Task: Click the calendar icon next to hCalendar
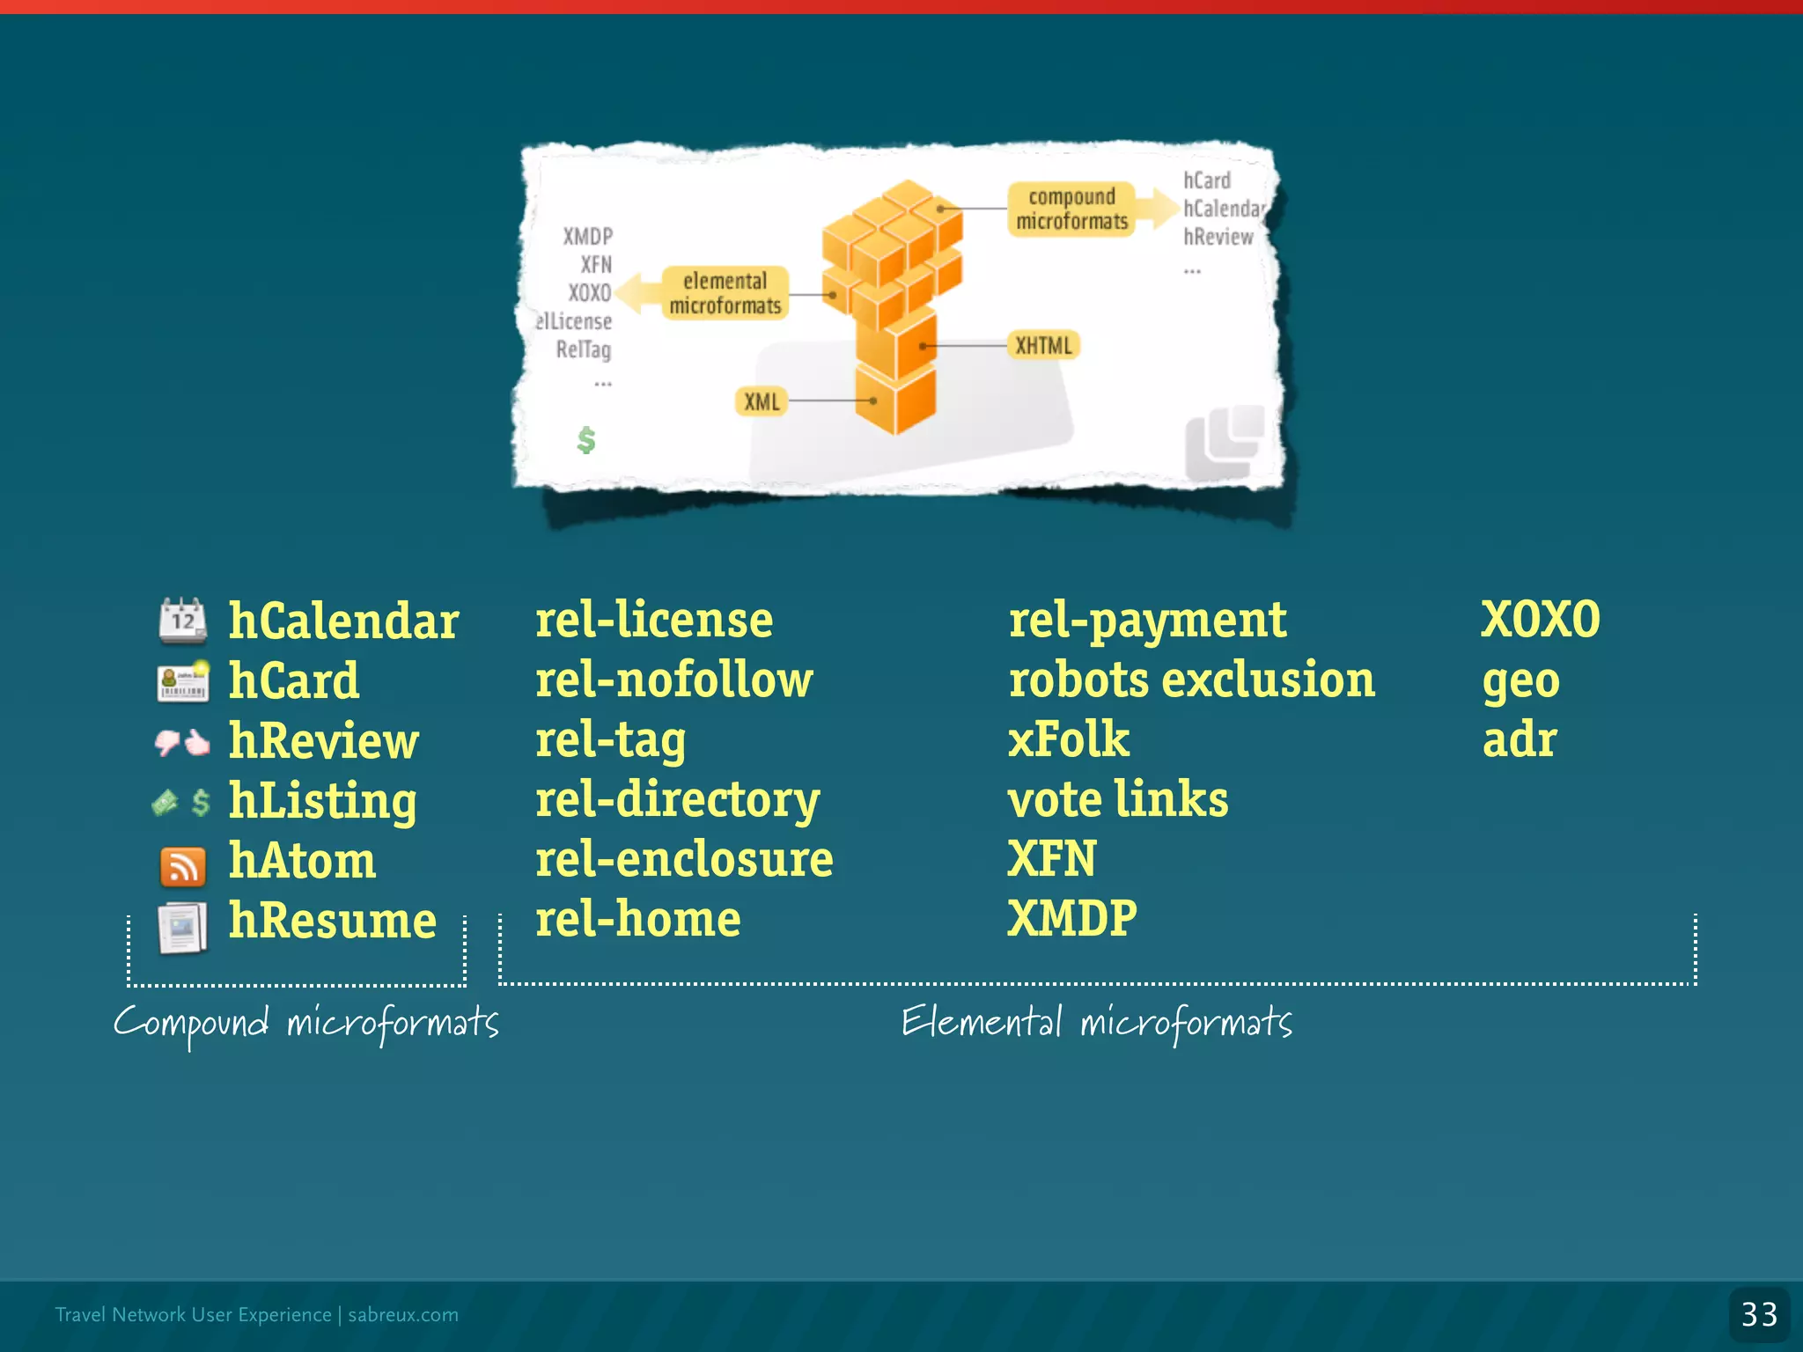(x=182, y=620)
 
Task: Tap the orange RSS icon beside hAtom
(x=182, y=866)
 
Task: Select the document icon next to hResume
(x=182, y=927)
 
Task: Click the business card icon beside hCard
(x=182, y=681)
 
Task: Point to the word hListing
(x=322, y=801)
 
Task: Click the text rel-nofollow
(x=674, y=680)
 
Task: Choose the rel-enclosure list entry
(x=684, y=859)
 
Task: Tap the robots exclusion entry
(x=1191, y=680)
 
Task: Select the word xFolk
(x=1068, y=739)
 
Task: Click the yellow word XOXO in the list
(x=1540, y=620)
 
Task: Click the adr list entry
(x=1520, y=739)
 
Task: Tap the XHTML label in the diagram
(x=1043, y=345)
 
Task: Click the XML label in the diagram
(x=762, y=402)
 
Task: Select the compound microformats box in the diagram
(x=1071, y=209)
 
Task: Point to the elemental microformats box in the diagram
(x=725, y=293)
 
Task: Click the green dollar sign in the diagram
(x=586, y=439)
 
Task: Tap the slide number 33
(x=1759, y=1314)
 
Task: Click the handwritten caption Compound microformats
(x=305, y=1024)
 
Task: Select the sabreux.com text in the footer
(x=403, y=1314)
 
